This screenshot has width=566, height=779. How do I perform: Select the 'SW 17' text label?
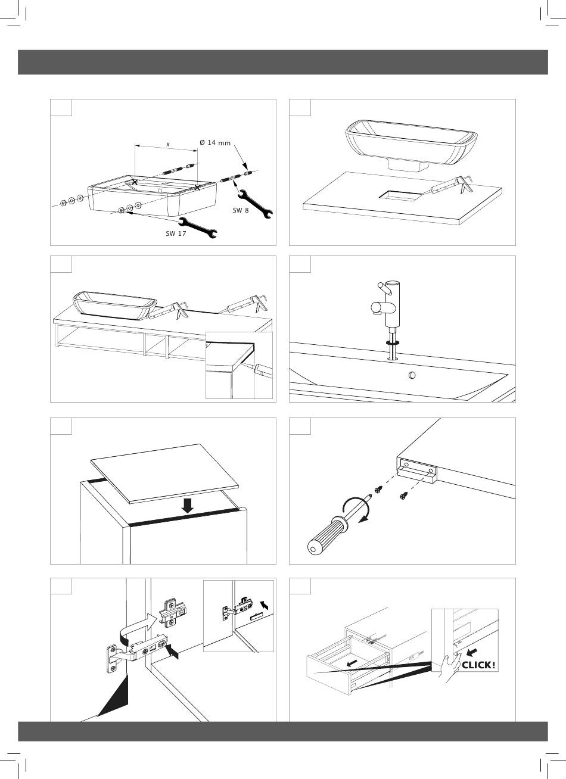point(176,233)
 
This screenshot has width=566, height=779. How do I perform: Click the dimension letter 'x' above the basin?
point(168,144)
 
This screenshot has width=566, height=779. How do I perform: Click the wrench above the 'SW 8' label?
point(254,201)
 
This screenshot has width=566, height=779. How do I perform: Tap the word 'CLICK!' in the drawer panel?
point(478,664)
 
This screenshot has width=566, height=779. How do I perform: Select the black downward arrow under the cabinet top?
point(188,506)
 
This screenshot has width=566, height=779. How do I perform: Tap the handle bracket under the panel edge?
point(418,471)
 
